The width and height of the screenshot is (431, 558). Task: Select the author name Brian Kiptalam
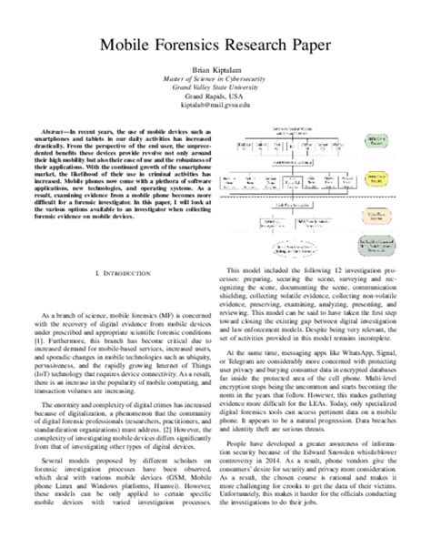215,71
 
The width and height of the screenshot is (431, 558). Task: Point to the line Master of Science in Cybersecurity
215,80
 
